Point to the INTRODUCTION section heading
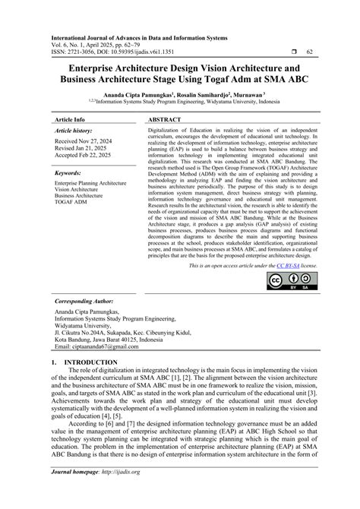click(93, 363)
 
